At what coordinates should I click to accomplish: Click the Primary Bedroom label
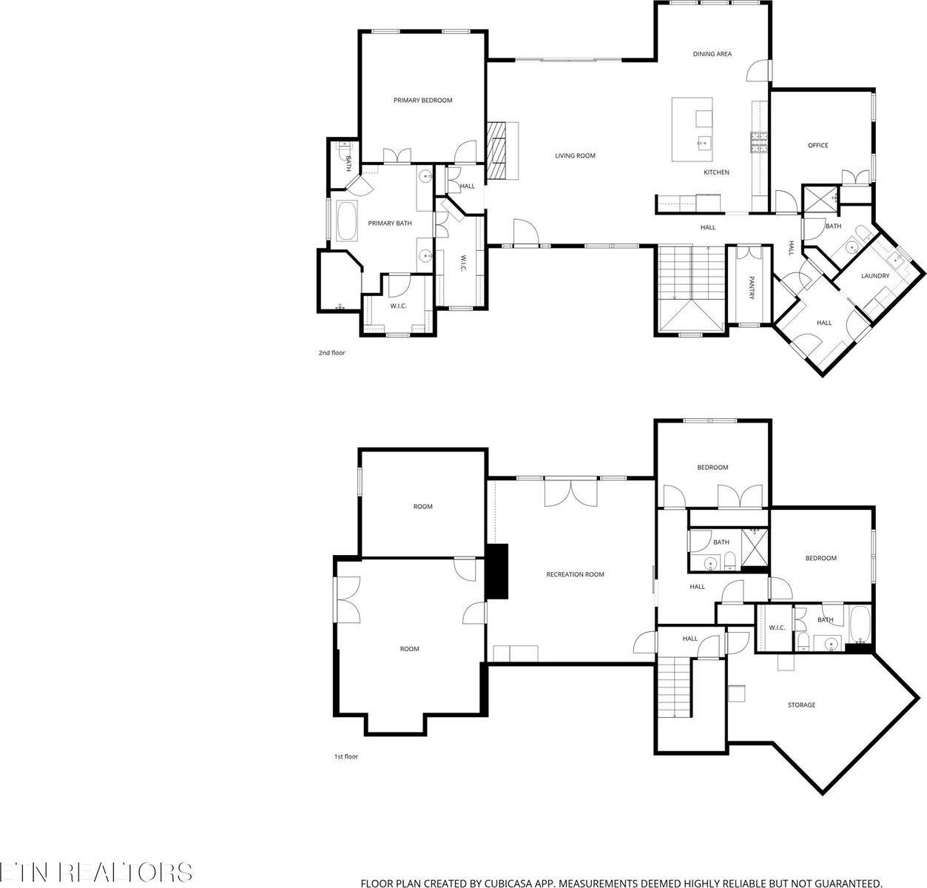[x=422, y=101]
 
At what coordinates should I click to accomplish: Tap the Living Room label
[x=575, y=156]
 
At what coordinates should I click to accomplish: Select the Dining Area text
[x=712, y=54]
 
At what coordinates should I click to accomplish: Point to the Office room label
[x=817, y=146]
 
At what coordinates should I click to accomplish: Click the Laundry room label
[x=874, y=276]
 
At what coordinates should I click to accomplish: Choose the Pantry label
[x=752, y=288]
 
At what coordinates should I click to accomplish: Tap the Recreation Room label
[x=575, y=574]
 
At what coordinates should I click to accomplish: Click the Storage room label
[x=800, y=705]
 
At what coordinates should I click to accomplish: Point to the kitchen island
[x=692, y=129]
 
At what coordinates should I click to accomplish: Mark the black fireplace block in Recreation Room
[x=498, y=571]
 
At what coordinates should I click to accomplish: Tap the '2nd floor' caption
[x=331, y=353]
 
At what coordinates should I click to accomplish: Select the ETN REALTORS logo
[x=96, y=872]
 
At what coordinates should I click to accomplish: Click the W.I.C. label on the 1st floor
[x=776, y=628]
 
